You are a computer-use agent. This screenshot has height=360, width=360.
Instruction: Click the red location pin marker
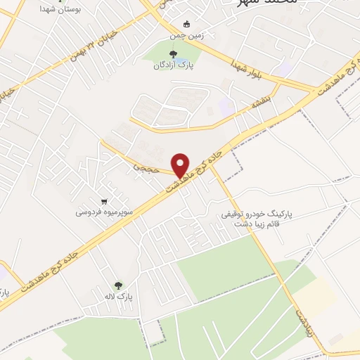(181, 165)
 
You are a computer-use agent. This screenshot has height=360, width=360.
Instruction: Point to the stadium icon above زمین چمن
(186, 22)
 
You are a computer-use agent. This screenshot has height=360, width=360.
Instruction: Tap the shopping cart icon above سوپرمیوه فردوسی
(105, 199)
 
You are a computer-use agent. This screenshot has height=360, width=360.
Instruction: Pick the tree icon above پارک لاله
(118, 285)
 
